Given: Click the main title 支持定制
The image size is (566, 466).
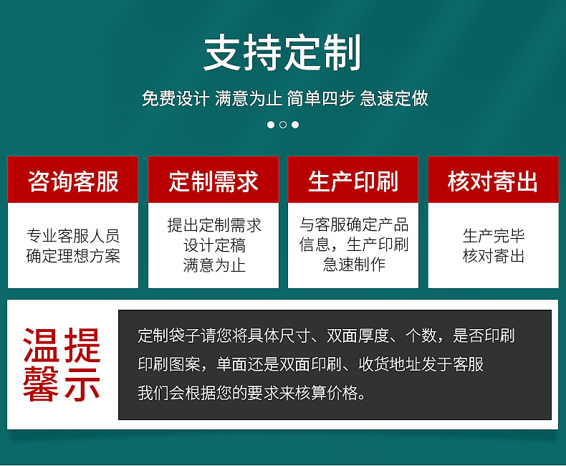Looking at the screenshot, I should (282, 53).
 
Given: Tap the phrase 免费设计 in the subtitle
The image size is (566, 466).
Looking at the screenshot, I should (175, 98).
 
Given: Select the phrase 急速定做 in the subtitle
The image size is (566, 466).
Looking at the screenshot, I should (395, 98).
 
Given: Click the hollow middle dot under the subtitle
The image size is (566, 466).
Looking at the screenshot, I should (283, 125).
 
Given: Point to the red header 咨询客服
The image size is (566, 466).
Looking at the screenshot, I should (73, 181).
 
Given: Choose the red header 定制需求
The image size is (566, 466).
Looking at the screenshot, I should (214, 181).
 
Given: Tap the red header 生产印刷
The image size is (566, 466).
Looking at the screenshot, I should (353, 181).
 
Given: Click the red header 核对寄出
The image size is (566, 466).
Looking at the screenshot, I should (493, 181).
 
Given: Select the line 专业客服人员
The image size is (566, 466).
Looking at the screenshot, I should (73, 236).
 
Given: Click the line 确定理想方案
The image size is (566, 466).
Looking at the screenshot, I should (73, 256).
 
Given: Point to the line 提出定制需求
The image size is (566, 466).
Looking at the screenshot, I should (214, 225).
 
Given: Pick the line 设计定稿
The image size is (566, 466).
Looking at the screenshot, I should (214, 245).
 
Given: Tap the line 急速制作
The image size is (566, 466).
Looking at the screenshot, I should (353, 265).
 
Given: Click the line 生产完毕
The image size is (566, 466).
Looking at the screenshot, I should (493, 236).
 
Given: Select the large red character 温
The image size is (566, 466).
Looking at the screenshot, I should (42, 345).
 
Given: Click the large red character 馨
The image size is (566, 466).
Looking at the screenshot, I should (42, 385).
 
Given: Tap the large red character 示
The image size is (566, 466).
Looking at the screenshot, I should (80, 385).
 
